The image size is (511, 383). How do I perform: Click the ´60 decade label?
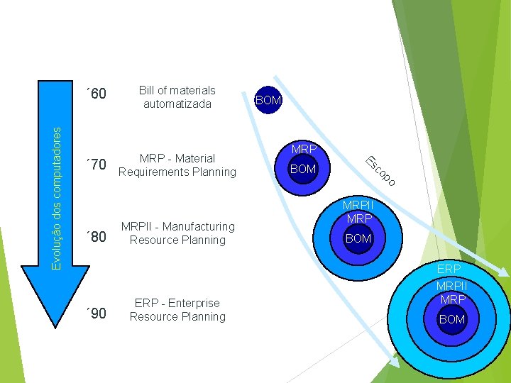click(x=96, y=94)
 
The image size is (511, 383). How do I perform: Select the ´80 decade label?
click(x=96, y=236)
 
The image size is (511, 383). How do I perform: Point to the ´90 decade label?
click(x=96, y=313)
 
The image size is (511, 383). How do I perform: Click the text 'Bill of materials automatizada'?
click(x=177, y=97)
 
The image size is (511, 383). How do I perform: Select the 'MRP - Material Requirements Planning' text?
click(x=177, y=165)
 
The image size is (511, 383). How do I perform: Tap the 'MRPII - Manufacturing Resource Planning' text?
click(x=177, y=233)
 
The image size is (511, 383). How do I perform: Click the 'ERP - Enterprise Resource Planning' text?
click(x=177, y=310)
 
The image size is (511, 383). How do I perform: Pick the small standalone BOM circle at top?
click(x=268, y=101)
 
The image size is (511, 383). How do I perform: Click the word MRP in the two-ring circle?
click(x=303, y=150)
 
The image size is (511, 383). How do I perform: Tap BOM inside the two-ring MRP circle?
click(x=303, y=170)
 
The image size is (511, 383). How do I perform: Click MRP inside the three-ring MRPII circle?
click(x=358, y=218)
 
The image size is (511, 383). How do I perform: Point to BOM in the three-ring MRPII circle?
click(x=358, y=239)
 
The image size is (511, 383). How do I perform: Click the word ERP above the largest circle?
click(x=449, y=270)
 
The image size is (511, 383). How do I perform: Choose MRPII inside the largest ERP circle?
click(x=451, y=285)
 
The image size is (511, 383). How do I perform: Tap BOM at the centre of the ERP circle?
click(x=451, y=320)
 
